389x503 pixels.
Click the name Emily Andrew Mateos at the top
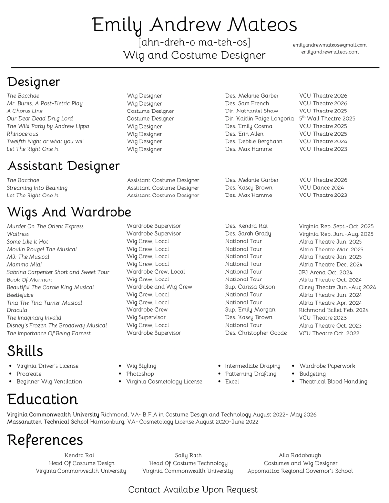point(194,24)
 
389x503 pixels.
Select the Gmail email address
point(330,45)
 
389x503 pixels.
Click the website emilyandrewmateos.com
point(330,52)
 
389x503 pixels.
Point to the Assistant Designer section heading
point(63,166)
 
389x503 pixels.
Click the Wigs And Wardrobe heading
point(69,212)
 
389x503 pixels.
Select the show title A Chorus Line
point(25,111)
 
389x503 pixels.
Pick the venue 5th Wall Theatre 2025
point(327,118)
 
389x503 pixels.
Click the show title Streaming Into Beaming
point(37,188)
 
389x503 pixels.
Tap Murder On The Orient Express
point(45,226)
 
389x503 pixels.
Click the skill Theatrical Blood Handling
point(333,381)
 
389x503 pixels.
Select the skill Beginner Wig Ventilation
point(49,381)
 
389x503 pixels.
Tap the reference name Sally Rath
point(188,455)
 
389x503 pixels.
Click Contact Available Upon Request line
point(193,489)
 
